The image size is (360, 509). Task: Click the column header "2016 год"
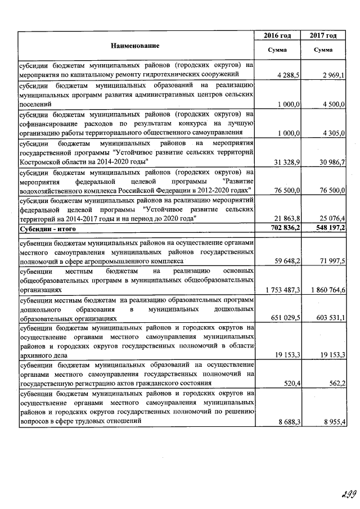tap(277, 36)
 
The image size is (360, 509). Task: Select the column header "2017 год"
tap(323, 36)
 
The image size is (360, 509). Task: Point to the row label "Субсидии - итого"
tap(48, 229)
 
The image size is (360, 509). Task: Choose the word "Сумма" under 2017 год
tap(323, 50)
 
